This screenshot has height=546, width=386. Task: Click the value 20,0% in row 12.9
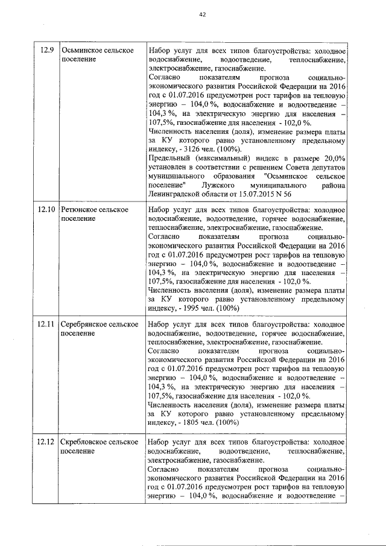(x=332, y=158)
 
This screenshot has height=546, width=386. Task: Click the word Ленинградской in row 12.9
(x=175, y=194)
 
